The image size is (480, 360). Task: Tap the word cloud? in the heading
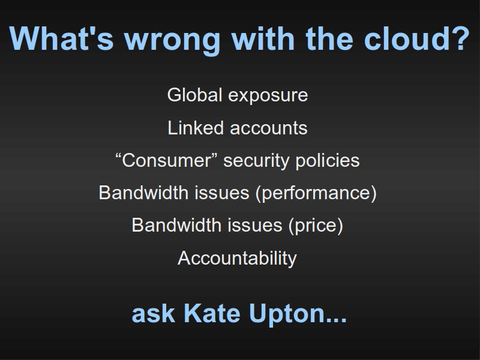coord(416,38)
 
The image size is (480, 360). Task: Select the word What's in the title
coord(62,38)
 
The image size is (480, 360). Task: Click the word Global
coord(194,95)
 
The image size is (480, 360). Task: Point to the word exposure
coord(268,97)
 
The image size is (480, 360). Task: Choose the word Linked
coord(196,128)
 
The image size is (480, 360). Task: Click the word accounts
coord(268,128)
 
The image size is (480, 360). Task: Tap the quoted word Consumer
coord(166,160)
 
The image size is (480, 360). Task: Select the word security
coord(256,161)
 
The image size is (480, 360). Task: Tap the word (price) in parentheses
coord(316,226)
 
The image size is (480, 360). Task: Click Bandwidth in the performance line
coord(143,193)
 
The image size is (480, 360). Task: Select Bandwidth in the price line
coord(176,226)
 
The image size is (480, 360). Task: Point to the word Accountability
coord(237,259)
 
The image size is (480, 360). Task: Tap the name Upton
coord(298,314)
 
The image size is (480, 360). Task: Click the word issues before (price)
coord(254,226)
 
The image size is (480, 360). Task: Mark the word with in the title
coord(263,38)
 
